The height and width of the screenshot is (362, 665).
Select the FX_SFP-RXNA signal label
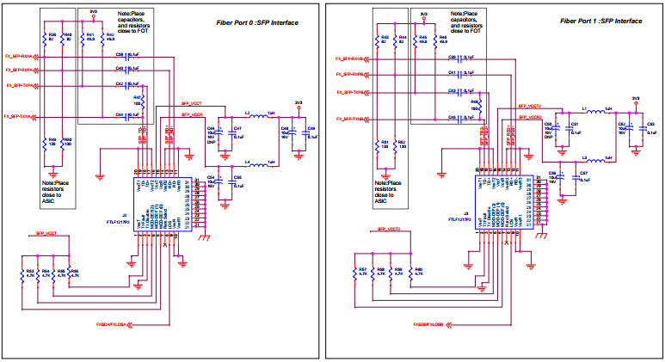pyautogui.click(x=19, y=56)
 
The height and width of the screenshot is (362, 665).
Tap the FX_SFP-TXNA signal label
pyautogui.click(x=19, y=115)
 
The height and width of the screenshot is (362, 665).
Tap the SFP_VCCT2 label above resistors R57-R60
pyautogui.click(x=391, y=230)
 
